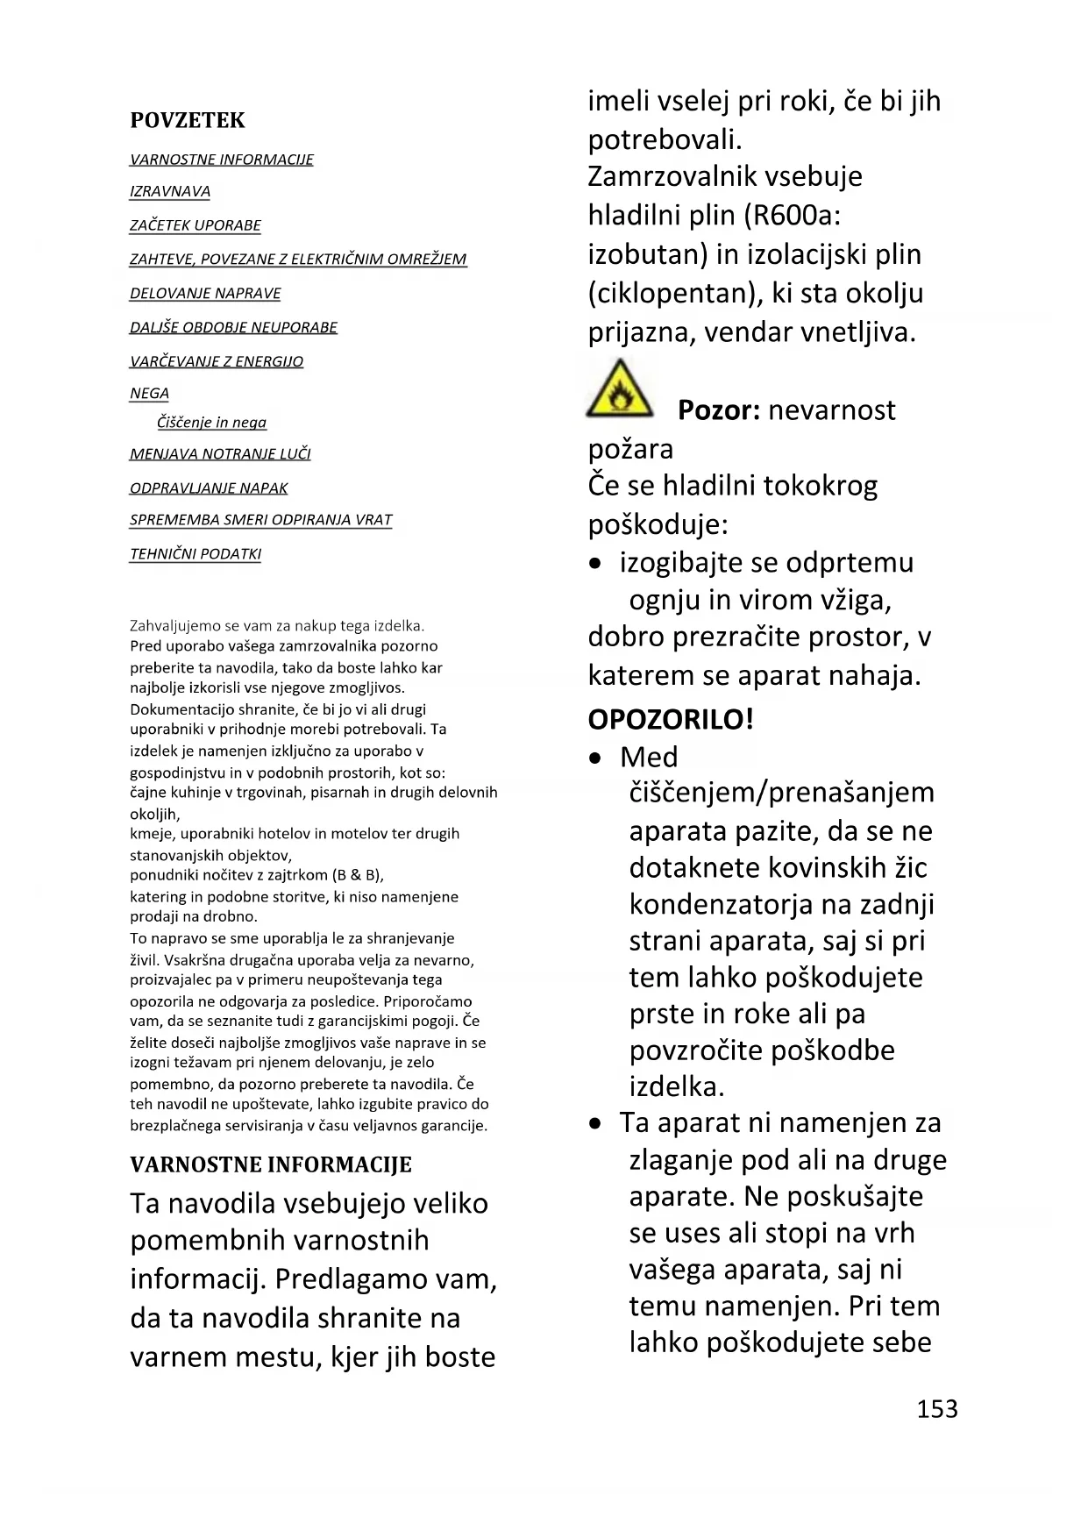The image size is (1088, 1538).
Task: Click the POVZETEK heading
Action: coord(188,120)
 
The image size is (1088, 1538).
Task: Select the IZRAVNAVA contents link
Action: coord(170,191)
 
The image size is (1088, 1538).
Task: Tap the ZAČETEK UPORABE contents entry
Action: coord(196,225)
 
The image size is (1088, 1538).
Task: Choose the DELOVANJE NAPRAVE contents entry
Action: coord(205,293)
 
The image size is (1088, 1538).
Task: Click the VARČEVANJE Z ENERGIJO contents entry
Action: coord(217,361)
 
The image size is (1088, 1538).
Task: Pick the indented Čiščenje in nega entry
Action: coord(211,423)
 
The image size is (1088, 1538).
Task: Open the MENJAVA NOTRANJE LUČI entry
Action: coord(220,453)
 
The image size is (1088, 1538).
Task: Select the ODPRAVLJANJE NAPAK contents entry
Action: coord(209,488)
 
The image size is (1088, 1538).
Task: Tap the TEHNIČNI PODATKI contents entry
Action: coord(196,553)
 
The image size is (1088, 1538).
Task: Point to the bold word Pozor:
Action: coord(718,410)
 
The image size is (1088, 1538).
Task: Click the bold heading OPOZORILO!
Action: coord(671,720)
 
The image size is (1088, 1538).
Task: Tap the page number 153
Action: coord(937,1409)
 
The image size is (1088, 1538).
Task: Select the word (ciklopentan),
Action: coord(672,293)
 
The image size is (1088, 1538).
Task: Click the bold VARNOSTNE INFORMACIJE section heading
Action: coord(271,1164)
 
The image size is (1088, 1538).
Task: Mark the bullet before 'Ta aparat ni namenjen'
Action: coord(596,1123)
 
